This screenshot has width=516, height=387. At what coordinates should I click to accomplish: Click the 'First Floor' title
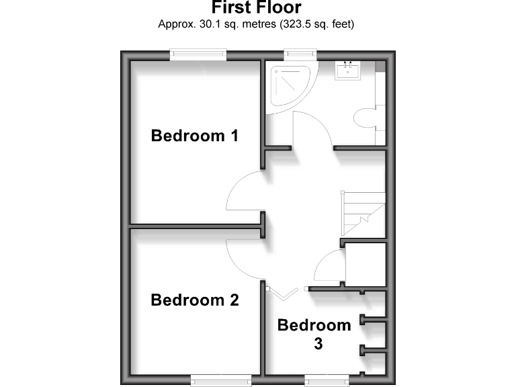click(x=257, y=8)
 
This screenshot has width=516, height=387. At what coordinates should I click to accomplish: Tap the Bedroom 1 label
click(x=195, y=136)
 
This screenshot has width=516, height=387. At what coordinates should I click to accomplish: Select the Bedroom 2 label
click(x=195, y=300)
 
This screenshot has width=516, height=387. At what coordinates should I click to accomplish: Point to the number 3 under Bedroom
click(x=318, y=344)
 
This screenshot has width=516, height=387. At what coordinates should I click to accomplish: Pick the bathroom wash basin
click(x=349, y=70)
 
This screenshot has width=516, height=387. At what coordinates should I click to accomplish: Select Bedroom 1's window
click(x=198, y=54)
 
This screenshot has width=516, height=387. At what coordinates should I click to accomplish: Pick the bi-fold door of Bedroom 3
click(x=282, y=292)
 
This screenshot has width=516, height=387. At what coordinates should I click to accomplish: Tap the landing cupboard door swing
click(x=329, y=267)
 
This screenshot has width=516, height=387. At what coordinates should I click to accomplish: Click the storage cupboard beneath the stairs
click(x=365, y=265)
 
